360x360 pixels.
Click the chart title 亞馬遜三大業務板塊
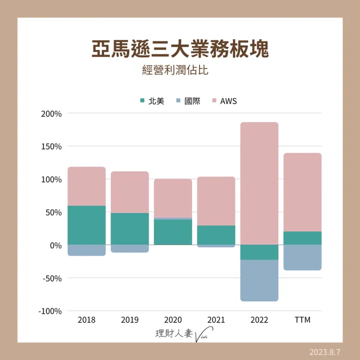pyautogui.click(x=180, y=49)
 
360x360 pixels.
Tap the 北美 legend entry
pyautogui.click(x=152, y=101)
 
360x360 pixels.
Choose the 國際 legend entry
pyautogui.click(x=188, y=101)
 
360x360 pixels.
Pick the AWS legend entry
pyautogui.click(x=224, y=101)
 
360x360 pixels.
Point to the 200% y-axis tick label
pyautogui.click(x=52, y=114)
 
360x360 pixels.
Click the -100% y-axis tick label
pyautogui.click(x=51, y=311)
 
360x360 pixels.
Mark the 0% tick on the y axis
pyautogui.click(x=55, y=245)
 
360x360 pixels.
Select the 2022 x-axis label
pyautogui.click(x=259, y=320)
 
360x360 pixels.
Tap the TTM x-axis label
pyautogui.click(x=302, y=320)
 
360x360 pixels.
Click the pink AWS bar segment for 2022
pyautogui.click(x=259, y=183)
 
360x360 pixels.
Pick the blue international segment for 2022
pyautogui.click(x=259, y=280)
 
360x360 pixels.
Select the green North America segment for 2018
pyautogui.click(x=87, y=225)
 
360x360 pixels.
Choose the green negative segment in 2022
pyautogui.click(x=259, y=252)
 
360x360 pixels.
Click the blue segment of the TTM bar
pyautogui.click(x=302, y=257)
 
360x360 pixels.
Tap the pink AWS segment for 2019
pyautogui.click(x=130, y=192)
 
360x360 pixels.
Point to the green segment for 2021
pyautogui.click(x=216, y=235)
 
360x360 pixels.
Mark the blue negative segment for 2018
pyautogui.click(x=87, y=250)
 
